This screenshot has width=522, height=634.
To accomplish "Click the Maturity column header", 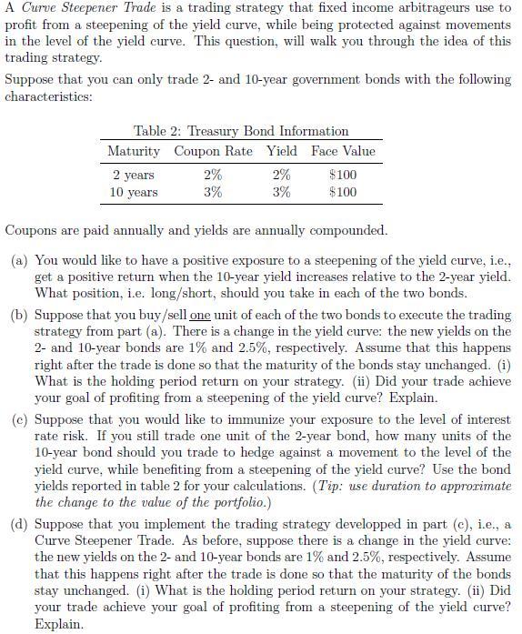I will click(x=134, y=151).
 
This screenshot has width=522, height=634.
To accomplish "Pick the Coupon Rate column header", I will click(x=214, y=151).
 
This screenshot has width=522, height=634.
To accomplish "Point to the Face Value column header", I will click(x=343, y=151).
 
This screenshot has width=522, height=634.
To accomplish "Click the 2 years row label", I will click(x=134, y=175).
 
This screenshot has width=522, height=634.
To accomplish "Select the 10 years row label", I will click(x=134, y=192).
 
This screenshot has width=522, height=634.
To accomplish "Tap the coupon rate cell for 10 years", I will click(x=213, y=192).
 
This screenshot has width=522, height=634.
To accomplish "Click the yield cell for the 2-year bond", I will click(x=282, y=175).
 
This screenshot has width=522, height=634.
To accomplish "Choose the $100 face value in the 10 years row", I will click(x=343, y=192).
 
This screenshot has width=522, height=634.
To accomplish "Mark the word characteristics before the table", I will click(x=47, y=95).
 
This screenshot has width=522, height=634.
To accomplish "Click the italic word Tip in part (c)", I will click(x=324, y=485).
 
